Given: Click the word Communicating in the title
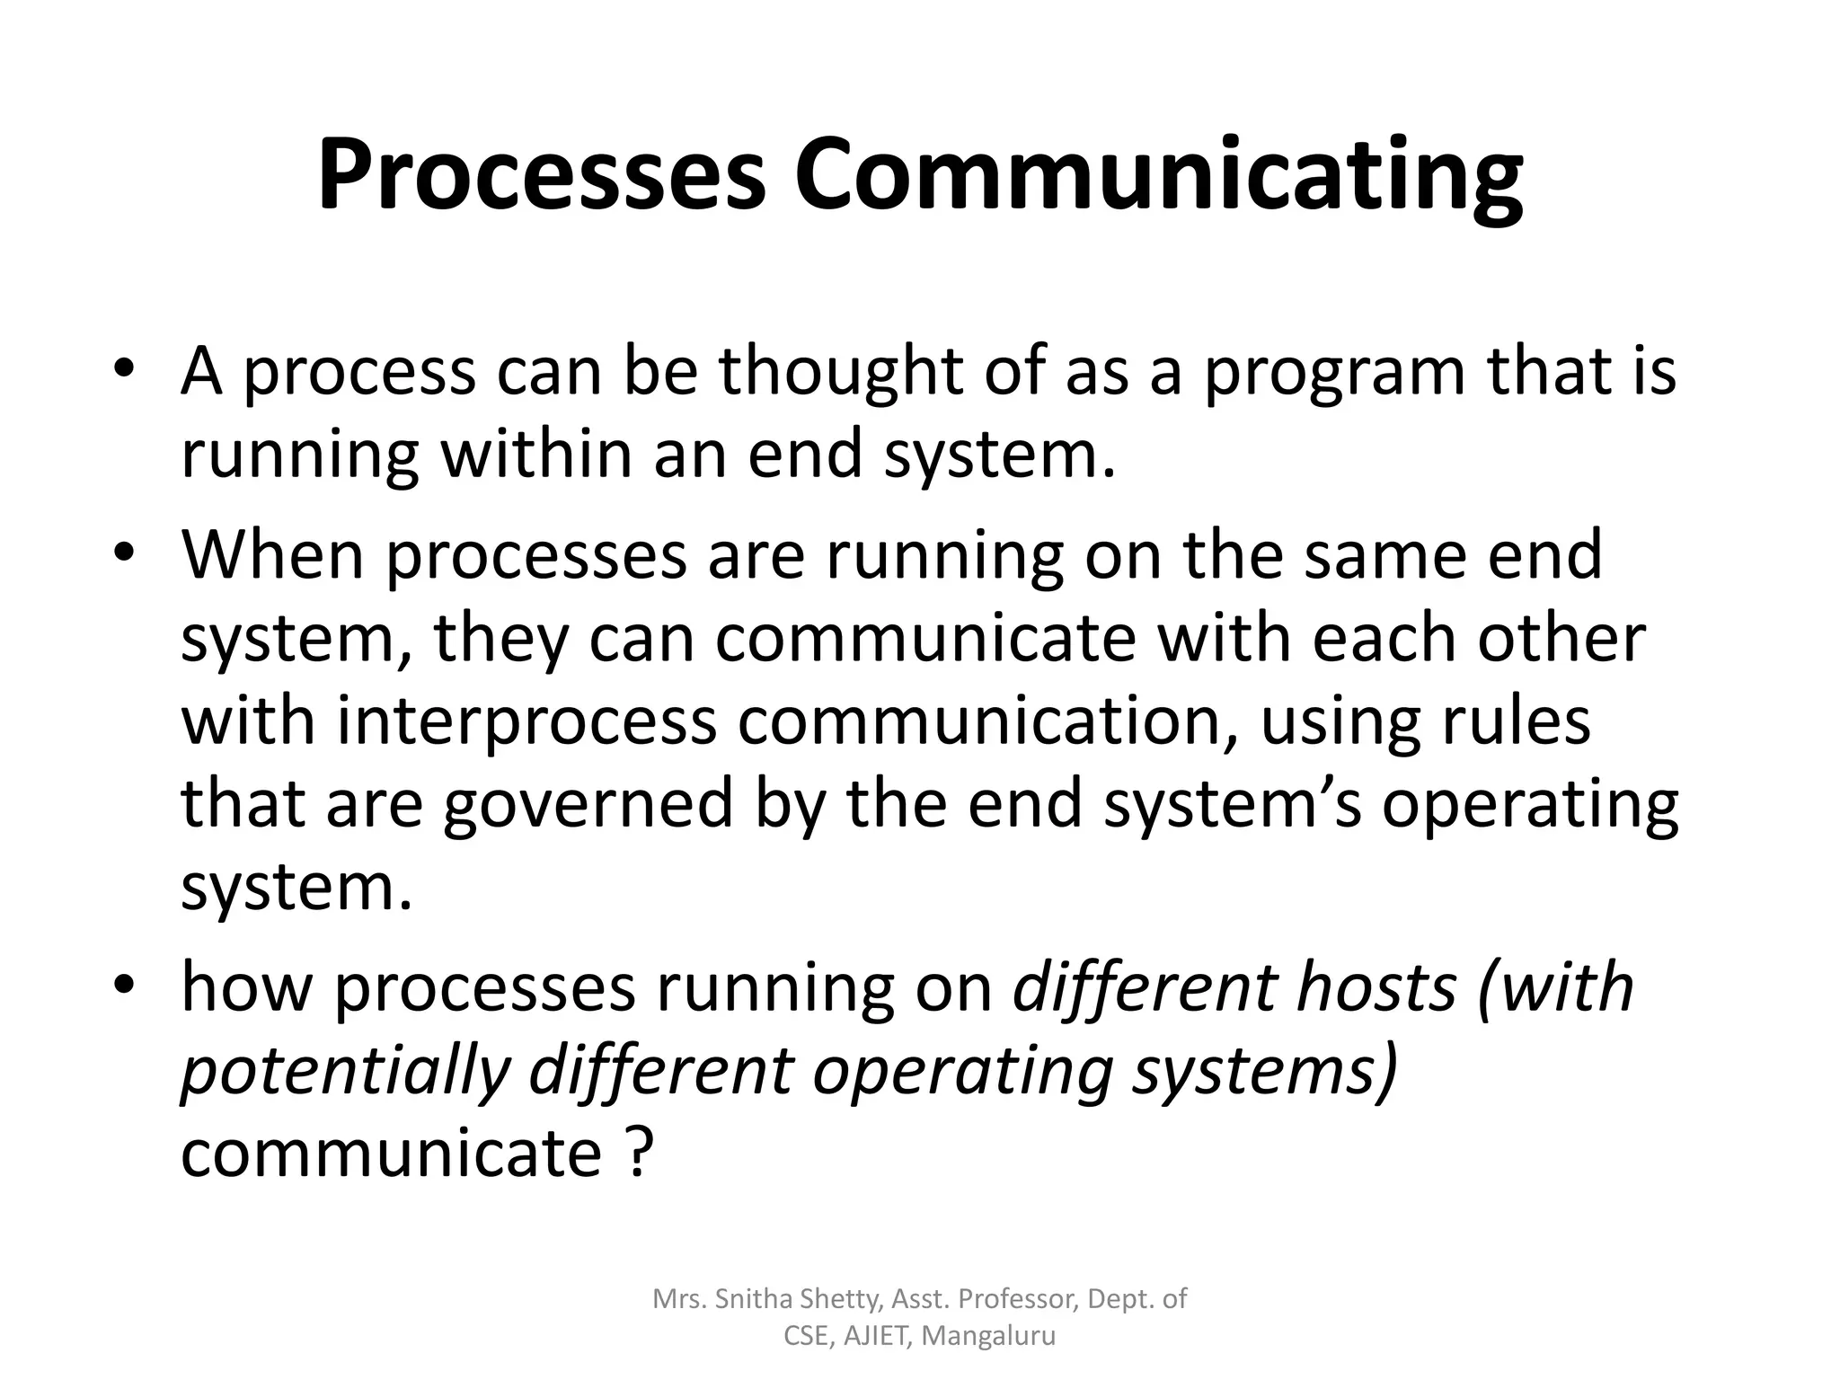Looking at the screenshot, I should tap(1158, 175).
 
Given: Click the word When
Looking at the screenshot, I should tap(274, 553).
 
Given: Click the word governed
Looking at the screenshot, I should tap(588, 805).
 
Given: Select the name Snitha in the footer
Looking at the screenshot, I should tap(751, 1298).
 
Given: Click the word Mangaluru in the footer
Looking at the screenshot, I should tap(988, 1336).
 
